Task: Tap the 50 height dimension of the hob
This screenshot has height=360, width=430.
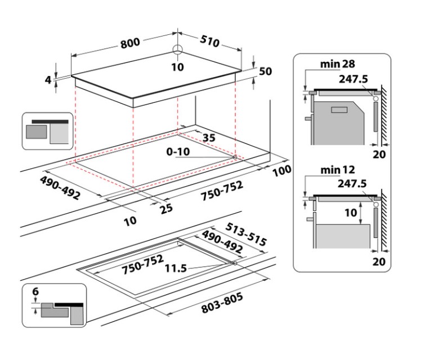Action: pyautogui.click(x=266, y=71)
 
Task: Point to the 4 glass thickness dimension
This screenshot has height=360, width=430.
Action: pyautogui.click(x=48, y=80)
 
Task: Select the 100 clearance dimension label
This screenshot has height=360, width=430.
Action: pyautogui.click(x=281, y=170)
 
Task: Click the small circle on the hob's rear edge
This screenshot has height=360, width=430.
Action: pyautogui.click(x=178, y=49)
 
